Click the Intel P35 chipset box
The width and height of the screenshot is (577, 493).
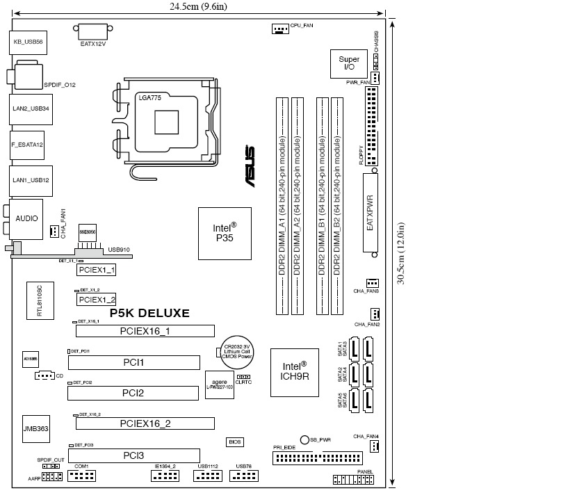224,233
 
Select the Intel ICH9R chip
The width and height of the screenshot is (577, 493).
294,372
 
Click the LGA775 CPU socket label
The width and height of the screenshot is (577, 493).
150,99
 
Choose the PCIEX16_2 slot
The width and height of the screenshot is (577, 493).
145,423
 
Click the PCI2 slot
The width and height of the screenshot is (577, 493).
132,394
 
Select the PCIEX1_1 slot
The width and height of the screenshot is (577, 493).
96,269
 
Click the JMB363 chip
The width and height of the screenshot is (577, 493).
35,430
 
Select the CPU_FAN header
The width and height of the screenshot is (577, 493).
279,29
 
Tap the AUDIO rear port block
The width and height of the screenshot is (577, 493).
26,218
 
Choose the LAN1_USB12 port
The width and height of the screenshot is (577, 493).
31,179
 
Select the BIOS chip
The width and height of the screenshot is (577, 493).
235,442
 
